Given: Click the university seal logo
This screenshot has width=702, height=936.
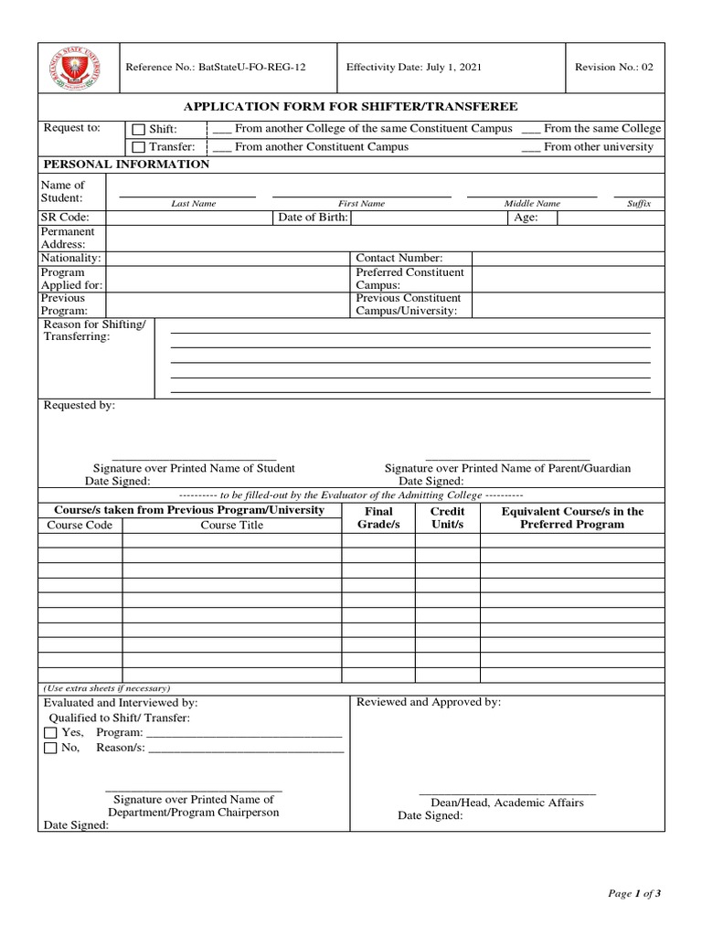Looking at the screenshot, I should coord(78,68).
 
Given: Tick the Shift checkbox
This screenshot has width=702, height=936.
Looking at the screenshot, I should coord(139,130).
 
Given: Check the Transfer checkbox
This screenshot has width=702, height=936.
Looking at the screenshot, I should coord(139,147).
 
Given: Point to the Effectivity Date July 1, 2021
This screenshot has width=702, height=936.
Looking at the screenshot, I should coord(414,68).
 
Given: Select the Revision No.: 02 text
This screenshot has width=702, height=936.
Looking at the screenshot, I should coord(613,68).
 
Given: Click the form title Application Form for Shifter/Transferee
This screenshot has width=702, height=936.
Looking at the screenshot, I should coord(351,107).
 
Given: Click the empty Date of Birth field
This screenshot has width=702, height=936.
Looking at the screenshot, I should coord(429,218).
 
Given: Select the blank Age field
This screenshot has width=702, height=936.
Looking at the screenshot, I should coord(610,218).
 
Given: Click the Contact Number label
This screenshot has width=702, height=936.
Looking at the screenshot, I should coord(399,259).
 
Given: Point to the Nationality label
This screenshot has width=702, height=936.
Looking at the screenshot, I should coord(70,259).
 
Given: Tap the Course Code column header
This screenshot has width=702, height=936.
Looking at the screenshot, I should coord(80,526).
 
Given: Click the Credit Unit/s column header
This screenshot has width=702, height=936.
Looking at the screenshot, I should coord(447,518).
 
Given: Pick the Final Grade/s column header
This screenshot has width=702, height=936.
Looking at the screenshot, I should coord(378,518).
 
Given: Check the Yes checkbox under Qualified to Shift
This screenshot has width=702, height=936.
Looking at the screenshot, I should coord(50,733).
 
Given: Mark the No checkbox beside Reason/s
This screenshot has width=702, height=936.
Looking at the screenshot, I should coord(50,749).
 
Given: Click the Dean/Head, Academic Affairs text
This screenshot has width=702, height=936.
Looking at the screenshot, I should coord(507,803).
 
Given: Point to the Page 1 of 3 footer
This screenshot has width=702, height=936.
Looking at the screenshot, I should coord(633,894).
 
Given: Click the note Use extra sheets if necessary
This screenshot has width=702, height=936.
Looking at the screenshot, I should coord(107,688).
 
